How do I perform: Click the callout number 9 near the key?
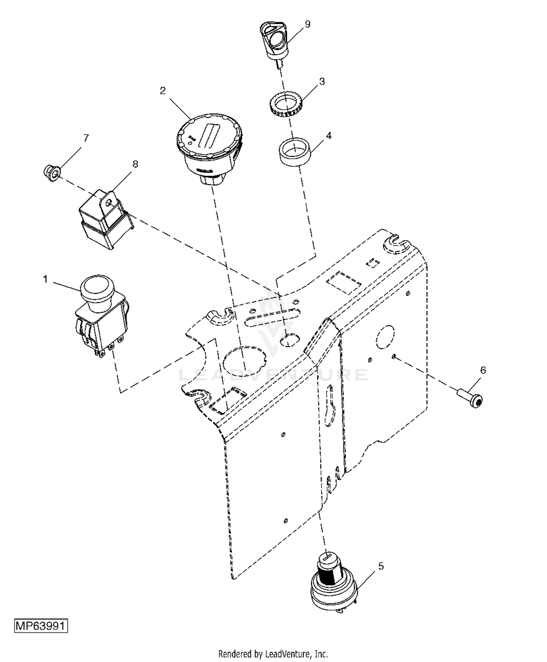(x=307, y=24)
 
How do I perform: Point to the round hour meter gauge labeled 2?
(x=209, y=149)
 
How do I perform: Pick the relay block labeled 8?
(x=106, y=219)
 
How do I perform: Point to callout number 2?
(x=163, y=91)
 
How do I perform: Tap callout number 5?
(x=381, y=566)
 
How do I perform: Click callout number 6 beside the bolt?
(x=483, y=370)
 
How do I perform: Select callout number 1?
(x=45, y=279)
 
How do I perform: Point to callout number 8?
(x=135, y=164)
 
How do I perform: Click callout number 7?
(x=86, y=138)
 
